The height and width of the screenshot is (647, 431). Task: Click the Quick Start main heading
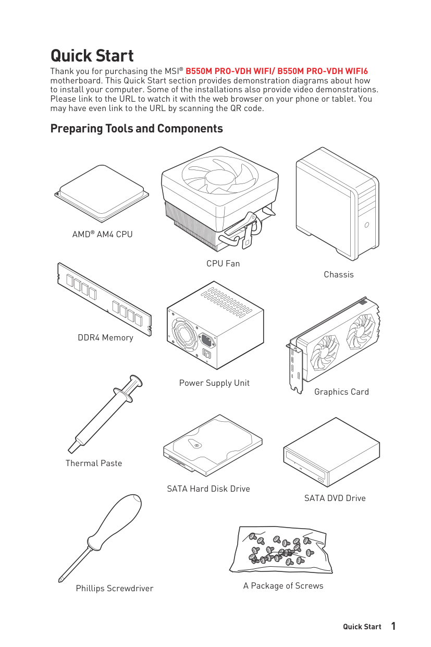pos(92,56)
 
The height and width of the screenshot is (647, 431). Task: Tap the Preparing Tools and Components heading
pos(137,128)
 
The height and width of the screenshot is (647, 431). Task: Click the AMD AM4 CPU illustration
pos(102,192)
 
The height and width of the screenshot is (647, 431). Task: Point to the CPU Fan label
pos(223,263)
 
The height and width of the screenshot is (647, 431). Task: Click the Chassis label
pos(338,274)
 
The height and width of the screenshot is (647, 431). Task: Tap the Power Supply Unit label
pos(214,383)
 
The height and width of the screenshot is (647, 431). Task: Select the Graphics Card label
pos(341,392)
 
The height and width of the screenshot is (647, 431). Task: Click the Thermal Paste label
pos(94,463)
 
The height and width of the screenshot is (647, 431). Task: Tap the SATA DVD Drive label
pos(335,498)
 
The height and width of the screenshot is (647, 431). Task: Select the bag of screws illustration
pos(281,550)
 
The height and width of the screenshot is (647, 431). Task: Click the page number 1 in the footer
pos(393,626)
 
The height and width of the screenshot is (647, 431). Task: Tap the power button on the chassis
pos(367,225)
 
